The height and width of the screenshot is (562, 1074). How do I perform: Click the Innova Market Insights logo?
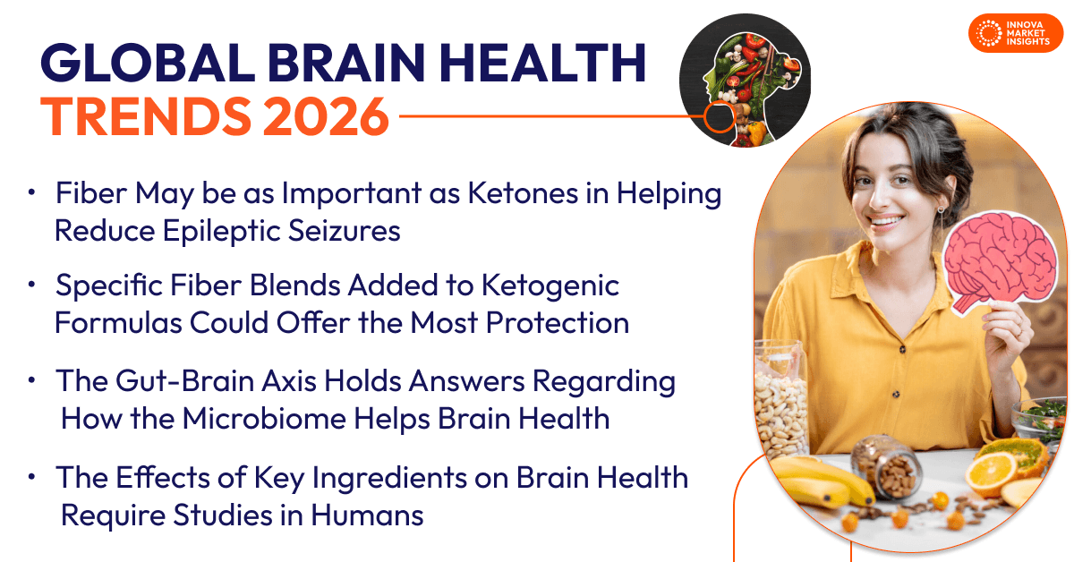click(1015, 33)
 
